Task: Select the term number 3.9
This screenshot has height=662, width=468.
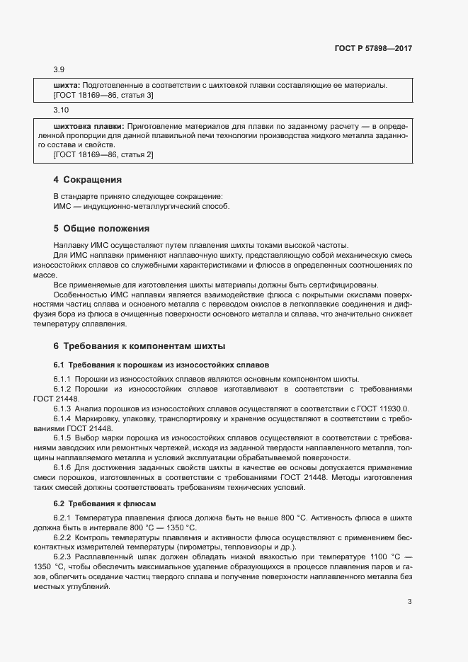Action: click(x=59, y=69)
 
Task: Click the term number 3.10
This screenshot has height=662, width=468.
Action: click(x=61, y=110)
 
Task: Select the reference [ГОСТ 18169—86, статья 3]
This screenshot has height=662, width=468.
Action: click(x=103, y=95)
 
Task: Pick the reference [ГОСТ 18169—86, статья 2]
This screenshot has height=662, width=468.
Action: click(x=103, y=154)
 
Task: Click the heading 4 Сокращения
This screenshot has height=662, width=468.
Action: click(x=88, y=180)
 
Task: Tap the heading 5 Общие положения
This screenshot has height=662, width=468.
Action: click(x=101, y=229)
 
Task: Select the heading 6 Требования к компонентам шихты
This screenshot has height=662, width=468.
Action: click(x=139, y=346)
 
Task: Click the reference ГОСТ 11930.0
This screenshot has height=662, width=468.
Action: click(x=386, y=409)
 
